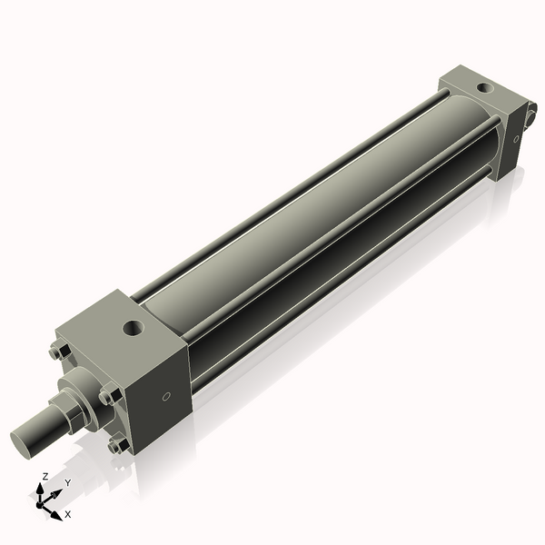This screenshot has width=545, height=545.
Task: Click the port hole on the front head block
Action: click(134, 324)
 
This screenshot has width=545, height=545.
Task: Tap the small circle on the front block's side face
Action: click(166, 396)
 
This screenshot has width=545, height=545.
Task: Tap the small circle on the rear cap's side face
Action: click(516, 139)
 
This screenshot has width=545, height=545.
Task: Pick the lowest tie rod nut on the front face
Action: click(116, 445)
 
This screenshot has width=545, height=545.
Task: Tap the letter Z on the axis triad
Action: click(45, 476)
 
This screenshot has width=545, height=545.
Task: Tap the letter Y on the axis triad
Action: click(67, 483)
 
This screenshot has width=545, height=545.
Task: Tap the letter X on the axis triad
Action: click(67, 514)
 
